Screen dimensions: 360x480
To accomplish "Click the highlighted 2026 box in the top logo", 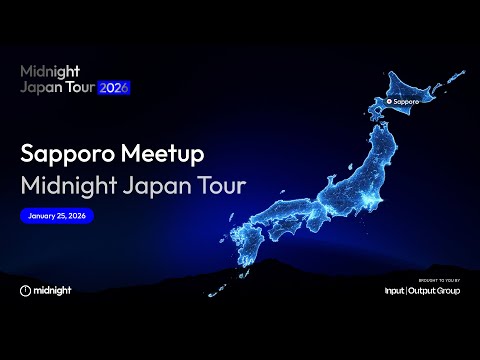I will tap(113, 87).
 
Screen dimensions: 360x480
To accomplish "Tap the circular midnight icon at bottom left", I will tap(25, 290).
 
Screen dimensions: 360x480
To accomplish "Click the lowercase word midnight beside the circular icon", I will tap(53, 290).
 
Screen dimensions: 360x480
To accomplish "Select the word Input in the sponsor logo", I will tap(396, 291).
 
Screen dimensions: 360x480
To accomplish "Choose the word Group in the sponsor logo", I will tap(451, 291).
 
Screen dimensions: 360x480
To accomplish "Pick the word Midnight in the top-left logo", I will tap(50, 72).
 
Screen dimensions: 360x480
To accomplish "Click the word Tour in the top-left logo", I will tap(79, 87).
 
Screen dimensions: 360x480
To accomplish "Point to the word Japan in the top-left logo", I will tap(41, 87).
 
